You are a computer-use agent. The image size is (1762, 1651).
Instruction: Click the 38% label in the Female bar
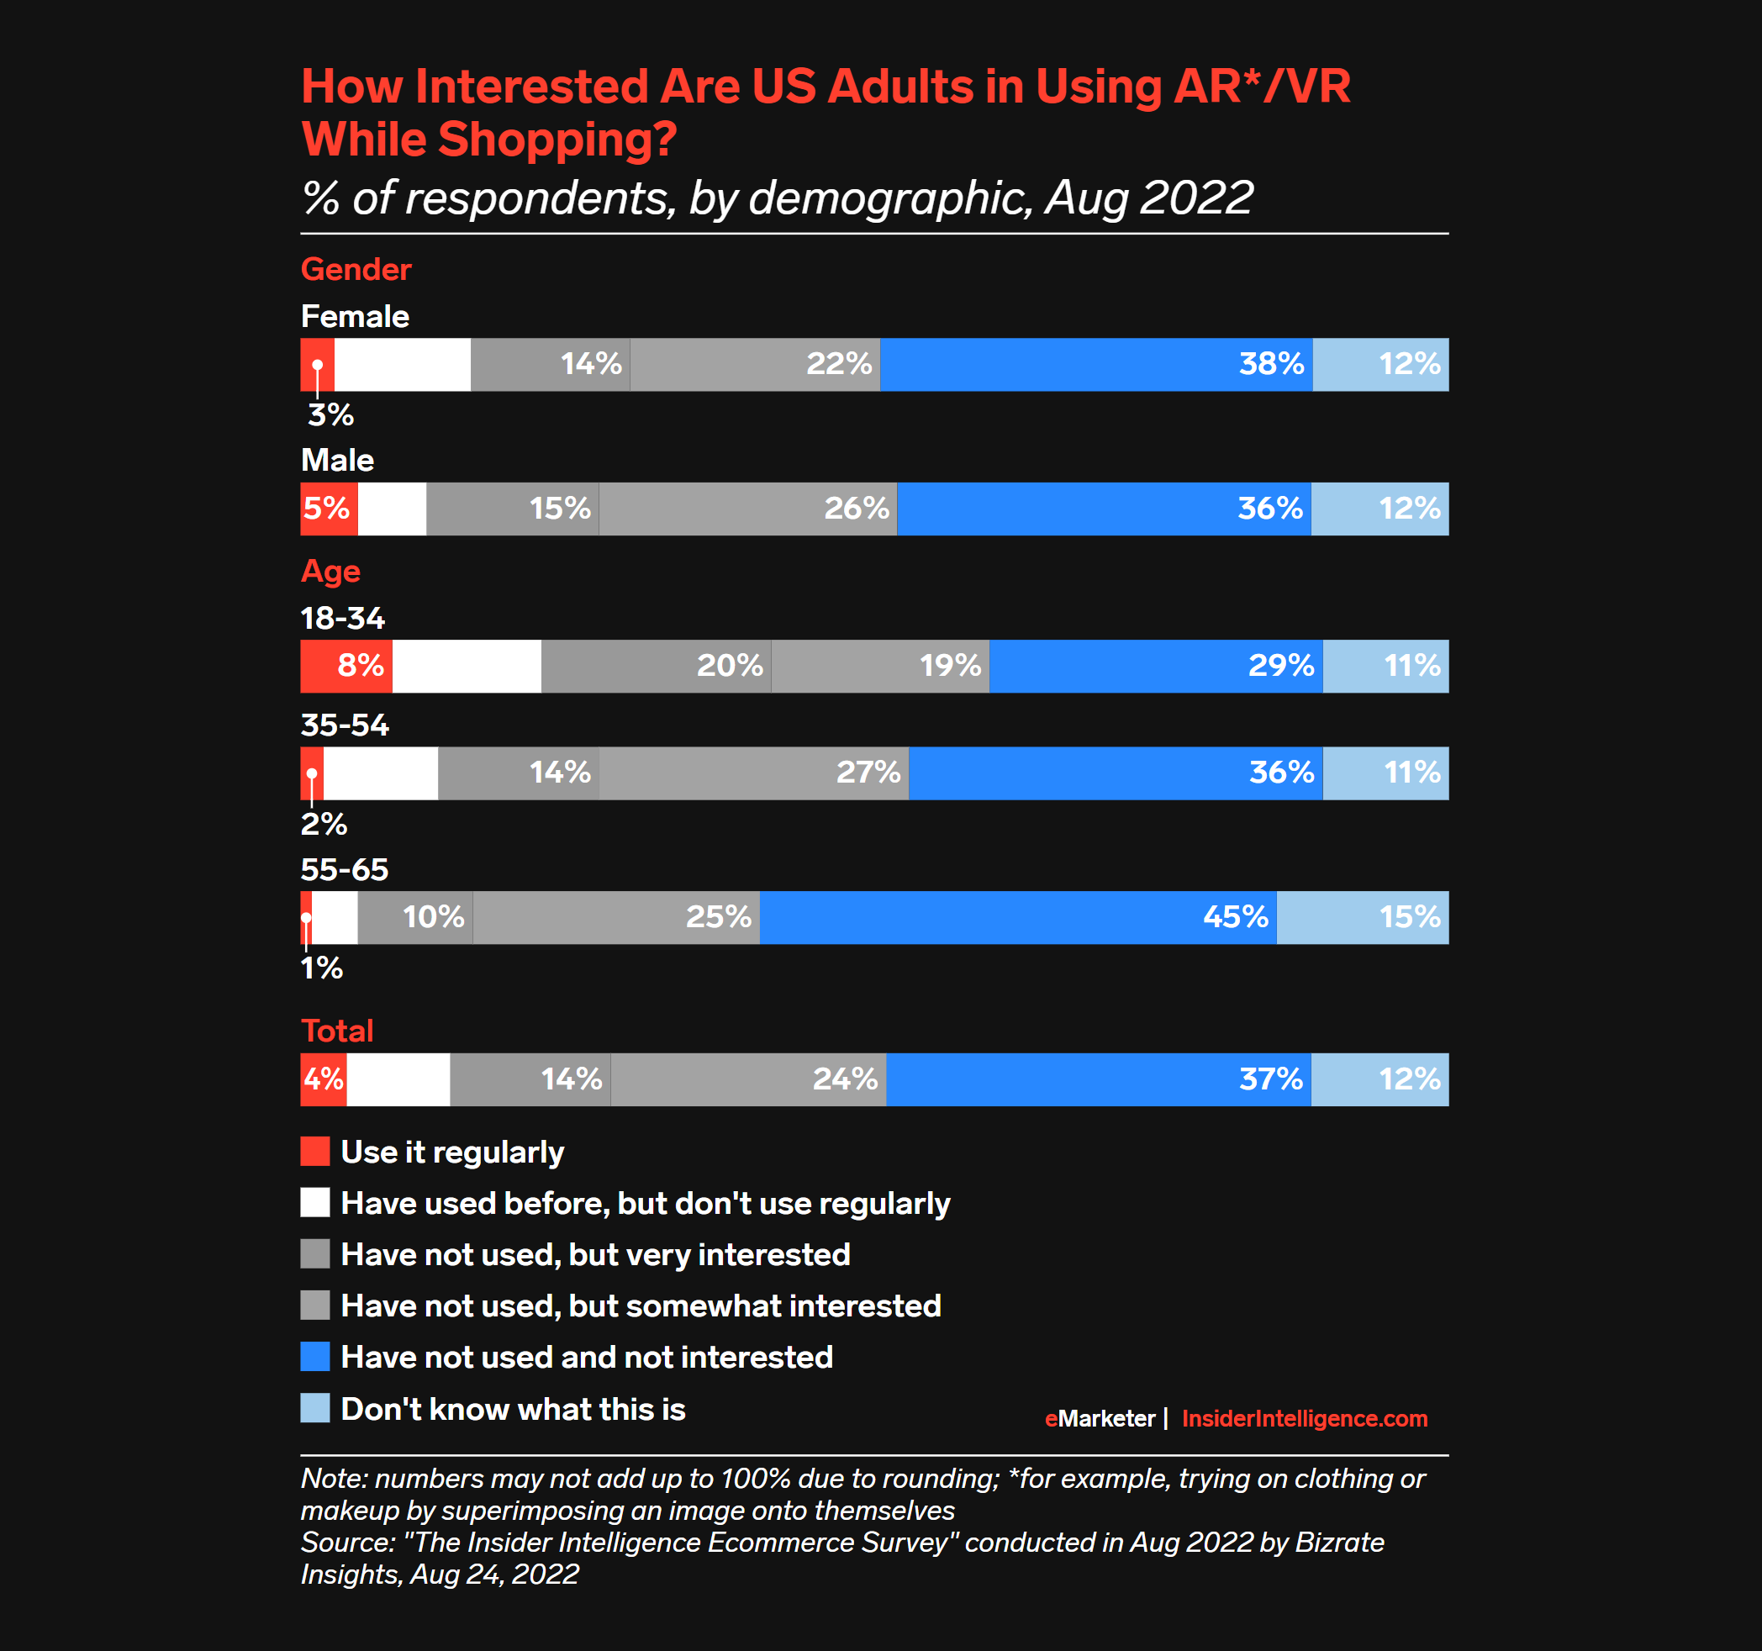click(x=1271, y=364)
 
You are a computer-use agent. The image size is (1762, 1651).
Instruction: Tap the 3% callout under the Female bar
click(x=330, y=414)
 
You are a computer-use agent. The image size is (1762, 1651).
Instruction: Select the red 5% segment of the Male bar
click(x=328, y=509)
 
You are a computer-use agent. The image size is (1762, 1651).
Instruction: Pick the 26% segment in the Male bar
click(x=748, y=509)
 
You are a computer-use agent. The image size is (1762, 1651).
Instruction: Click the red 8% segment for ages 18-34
click(x=346, y=667)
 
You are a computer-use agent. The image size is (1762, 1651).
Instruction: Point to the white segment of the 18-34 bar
click(x=467, y=667)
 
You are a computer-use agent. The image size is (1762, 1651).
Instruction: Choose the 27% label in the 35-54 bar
click(x=868, y=773)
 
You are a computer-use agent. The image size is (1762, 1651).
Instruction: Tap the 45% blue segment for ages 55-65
click(x=1017, y=917)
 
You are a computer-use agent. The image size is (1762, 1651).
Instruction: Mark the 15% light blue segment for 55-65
click(x=1362, y=917)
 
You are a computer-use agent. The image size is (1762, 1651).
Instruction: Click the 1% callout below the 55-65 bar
click(x=322, y=968)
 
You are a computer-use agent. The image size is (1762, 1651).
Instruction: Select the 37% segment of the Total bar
click(x=1098, y=1079)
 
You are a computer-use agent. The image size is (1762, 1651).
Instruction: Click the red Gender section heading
click(x=356, y=269)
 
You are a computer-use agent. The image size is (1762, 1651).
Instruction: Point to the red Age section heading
click(x=330, y=571)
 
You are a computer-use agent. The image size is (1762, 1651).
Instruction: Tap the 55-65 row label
click(x=344, y=869)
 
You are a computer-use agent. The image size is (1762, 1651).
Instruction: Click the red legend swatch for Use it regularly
click(x=314, y=1151)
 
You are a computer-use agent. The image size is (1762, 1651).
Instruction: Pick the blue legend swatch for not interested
click(x=314, y=1357)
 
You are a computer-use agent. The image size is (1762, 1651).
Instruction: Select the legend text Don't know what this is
click(x=513, y=1409)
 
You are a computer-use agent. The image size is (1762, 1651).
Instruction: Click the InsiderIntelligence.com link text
click(x=1304, y=1419)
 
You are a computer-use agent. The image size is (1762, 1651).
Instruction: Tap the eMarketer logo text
click(x=1100, y=1419)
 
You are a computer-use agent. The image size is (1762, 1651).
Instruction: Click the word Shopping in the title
click(x=557, y=140)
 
